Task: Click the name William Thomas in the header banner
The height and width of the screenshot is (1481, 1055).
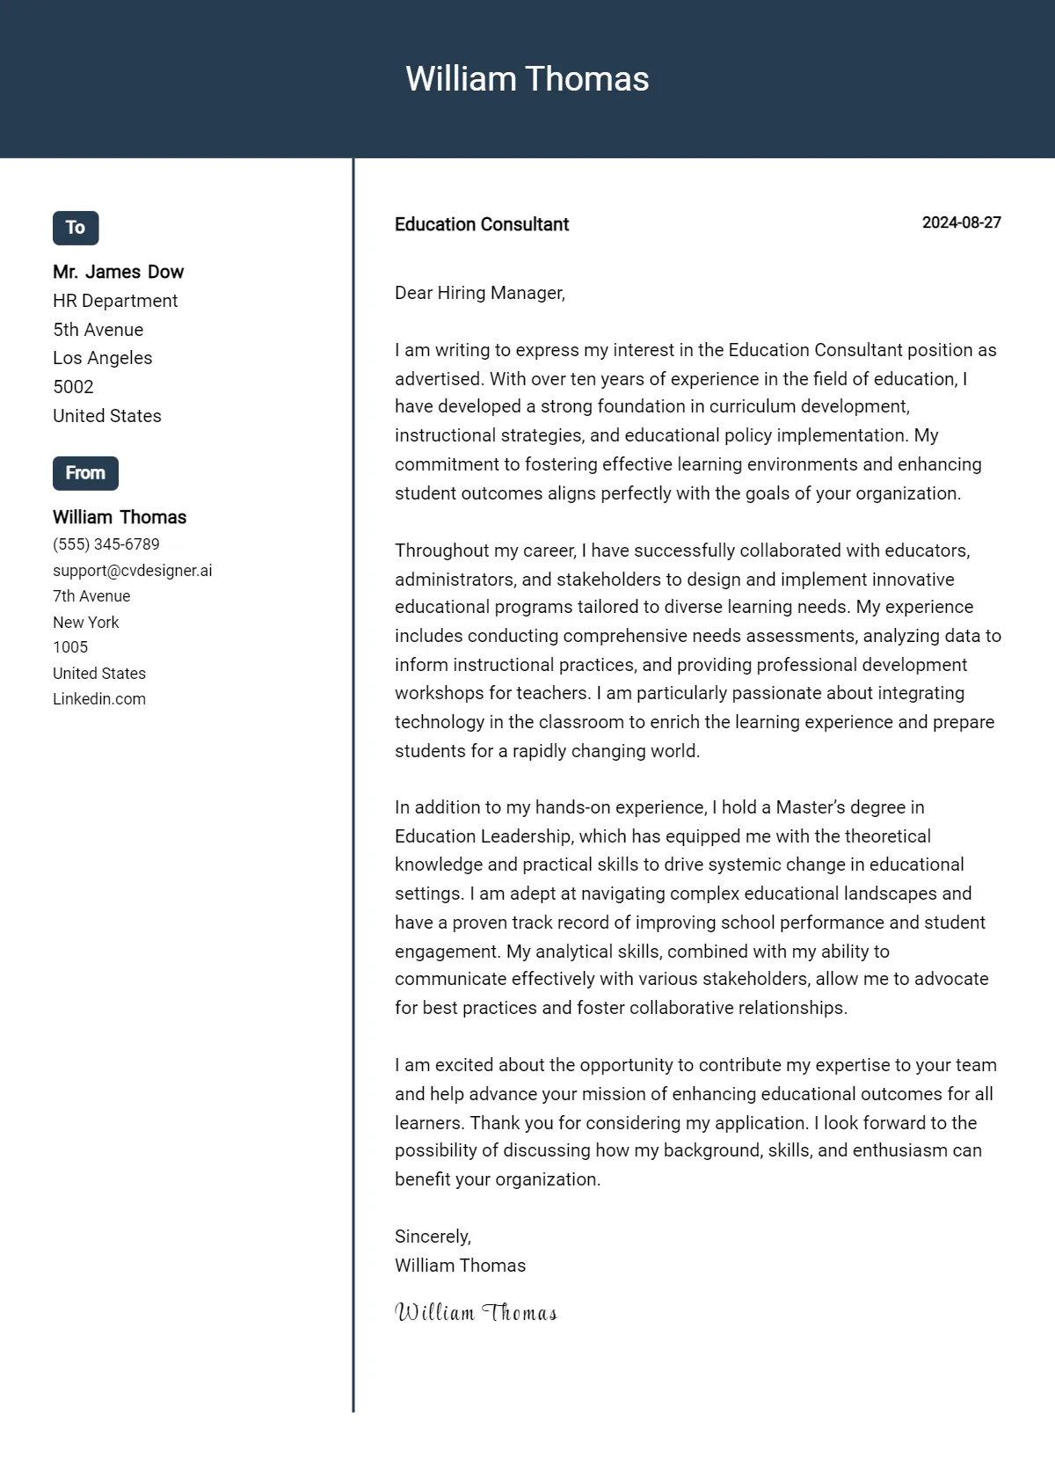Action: point(527,79)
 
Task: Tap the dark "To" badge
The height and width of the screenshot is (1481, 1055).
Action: point(76,228)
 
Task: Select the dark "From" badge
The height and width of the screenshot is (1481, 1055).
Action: point(85,473)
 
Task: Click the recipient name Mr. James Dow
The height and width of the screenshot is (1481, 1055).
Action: point(118,272)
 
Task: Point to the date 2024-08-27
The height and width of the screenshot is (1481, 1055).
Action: point(961,223)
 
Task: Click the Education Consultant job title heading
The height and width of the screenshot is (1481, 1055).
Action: point(481,224)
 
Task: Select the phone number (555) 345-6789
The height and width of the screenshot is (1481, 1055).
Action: point(105,544)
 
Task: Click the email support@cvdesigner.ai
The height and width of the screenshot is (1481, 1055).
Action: point(132,571)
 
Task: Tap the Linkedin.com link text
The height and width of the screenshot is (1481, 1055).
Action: point(99,699)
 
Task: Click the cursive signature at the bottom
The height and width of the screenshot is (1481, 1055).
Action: point(476,1313)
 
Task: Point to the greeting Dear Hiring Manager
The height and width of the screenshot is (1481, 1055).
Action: point(479,293)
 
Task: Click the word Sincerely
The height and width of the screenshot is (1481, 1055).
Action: point(433,1237)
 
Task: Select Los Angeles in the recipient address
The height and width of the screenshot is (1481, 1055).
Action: point(102,358)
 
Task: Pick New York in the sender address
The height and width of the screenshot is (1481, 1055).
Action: point(85,623)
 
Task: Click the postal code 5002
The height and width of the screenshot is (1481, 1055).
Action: point(73,387)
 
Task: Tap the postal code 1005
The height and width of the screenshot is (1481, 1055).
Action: point(70,647)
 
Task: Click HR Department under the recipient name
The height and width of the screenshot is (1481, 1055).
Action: point(115,301)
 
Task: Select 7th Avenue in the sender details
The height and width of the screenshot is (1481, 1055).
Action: point(91,596)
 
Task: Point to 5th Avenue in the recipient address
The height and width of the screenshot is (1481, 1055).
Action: point(98,330)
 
